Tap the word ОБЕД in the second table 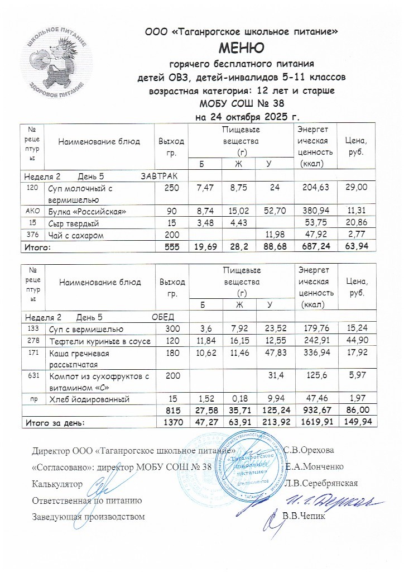pyautogui.click(x=164, y=317)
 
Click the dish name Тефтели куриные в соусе pyautogui.click(x=100, y=341)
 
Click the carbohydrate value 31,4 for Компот pyautogui.click(x=273, y=376)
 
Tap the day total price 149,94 pyautogui.click(x=355, y=423)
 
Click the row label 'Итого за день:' pyautogui.click(x=54, y=423)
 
